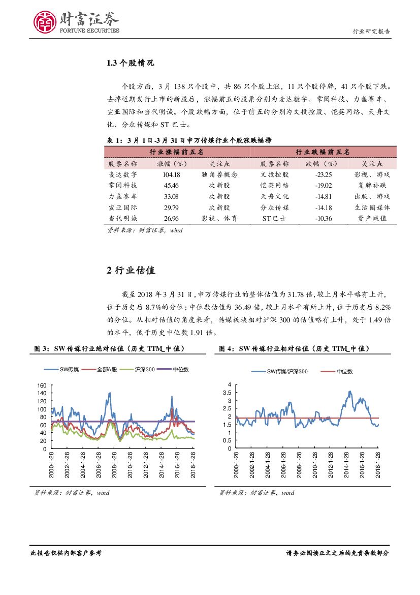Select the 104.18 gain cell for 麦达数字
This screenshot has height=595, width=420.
tap(172, 174)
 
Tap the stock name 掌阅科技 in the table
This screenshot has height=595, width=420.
tap(123, 185)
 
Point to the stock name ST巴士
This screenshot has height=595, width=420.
tap(275, 218)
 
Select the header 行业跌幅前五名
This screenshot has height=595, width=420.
tap(322, 152)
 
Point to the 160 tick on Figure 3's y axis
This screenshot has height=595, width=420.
tap(42, 385)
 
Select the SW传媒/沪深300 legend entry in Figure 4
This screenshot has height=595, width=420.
tap(283, 372)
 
